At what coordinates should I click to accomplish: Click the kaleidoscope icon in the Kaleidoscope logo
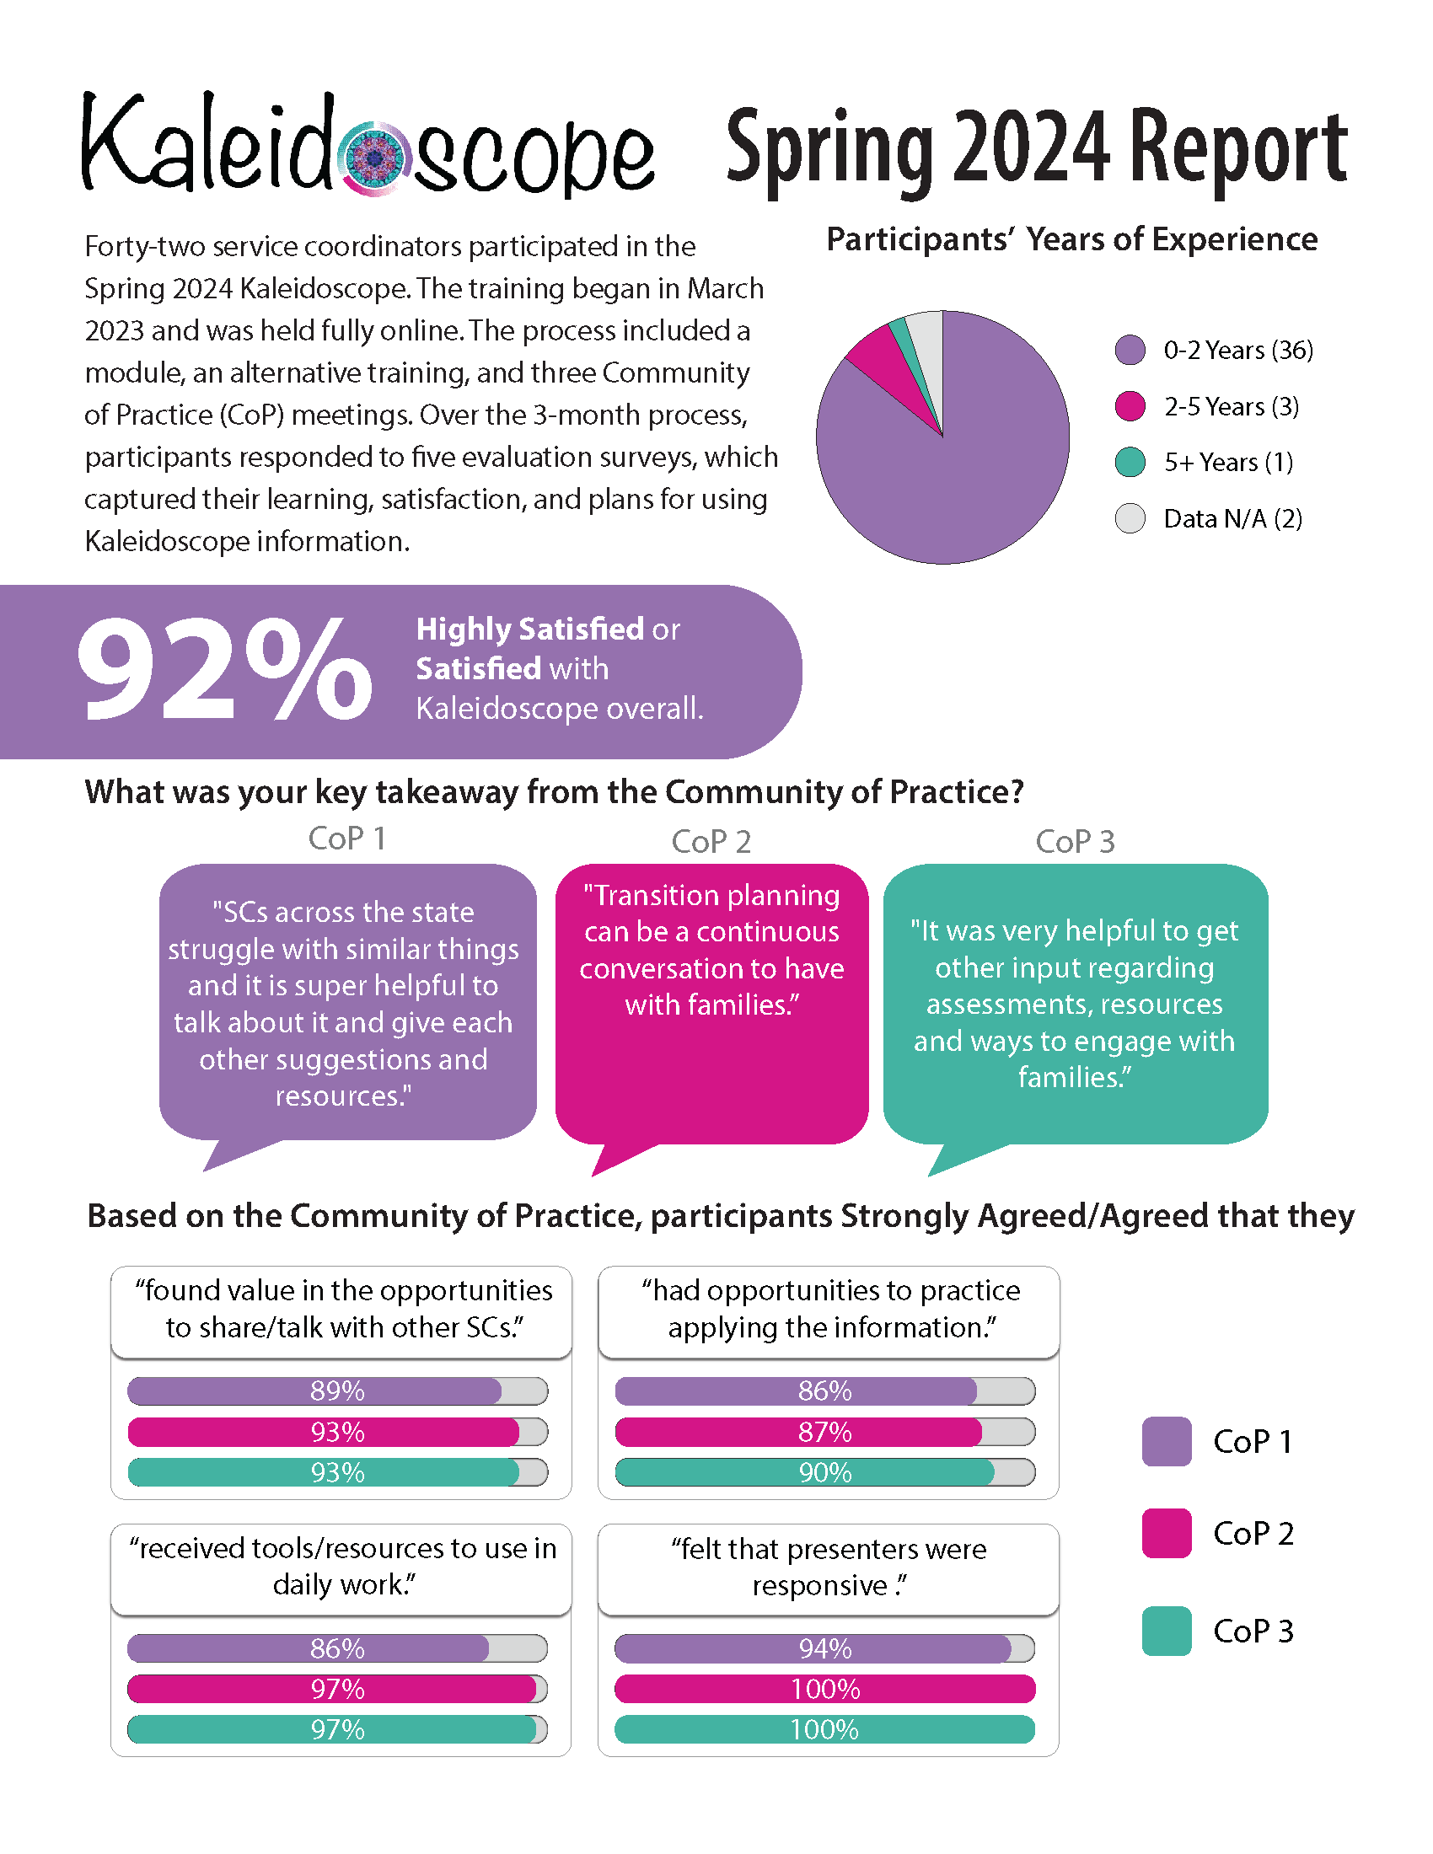tap(373, 157)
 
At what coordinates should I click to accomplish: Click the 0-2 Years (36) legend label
tap(1237, 350)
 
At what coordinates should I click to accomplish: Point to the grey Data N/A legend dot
tap(1130, 517)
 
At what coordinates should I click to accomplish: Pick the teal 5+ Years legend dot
tap(1130, 462)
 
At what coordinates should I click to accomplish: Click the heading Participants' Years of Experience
tap(1071, 240)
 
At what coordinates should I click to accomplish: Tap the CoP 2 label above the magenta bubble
tap(711, 841)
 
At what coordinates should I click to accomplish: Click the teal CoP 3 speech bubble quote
tap(1075, 1004)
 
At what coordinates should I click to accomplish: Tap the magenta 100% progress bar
tap(825, 1689)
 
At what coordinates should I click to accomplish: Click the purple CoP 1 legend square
tap(1167, 1441)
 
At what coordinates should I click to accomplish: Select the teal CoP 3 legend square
tap(1167, 1631)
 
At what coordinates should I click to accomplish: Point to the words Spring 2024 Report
tap(1037, 151)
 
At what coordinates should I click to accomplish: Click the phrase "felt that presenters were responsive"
tap(829, 1567)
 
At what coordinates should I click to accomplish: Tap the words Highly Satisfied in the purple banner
tap(529, 629)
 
